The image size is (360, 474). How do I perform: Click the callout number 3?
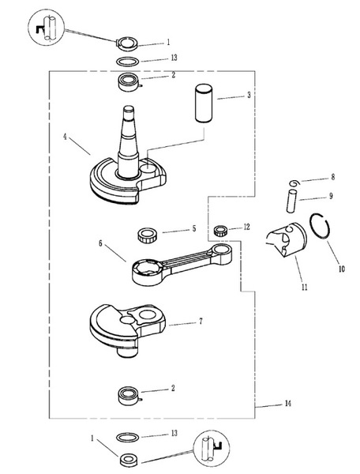click(x=249, y=95)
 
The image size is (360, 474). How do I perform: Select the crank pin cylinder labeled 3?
click(x=204, y=103)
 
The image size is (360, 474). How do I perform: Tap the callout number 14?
click(x=287, y=404)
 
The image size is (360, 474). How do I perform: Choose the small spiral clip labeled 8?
click(x=294, y=183)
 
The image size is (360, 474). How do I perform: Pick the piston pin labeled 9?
click(x=291, y=201)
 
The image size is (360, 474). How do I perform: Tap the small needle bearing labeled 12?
click(x=220, y=231)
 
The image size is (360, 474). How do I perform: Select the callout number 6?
click(x=100, y=243)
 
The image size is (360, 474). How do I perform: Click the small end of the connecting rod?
click(x=222, y=254)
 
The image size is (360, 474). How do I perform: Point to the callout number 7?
click(x=201, y=321)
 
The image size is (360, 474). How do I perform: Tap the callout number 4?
click(x=65, y=137)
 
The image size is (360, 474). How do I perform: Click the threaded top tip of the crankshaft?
click(x=129, y=109)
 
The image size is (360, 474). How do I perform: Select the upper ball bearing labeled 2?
click(x=129, y=82)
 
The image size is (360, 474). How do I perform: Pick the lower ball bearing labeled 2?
click(x=129, y=396)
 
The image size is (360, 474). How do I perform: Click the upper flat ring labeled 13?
click(x=128, y=62)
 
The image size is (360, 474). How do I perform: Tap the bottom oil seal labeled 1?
click(x=129, y=460)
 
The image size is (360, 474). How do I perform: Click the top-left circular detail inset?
click(x=47, y=28)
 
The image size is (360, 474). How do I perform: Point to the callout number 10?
click(x=341, y=269)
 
